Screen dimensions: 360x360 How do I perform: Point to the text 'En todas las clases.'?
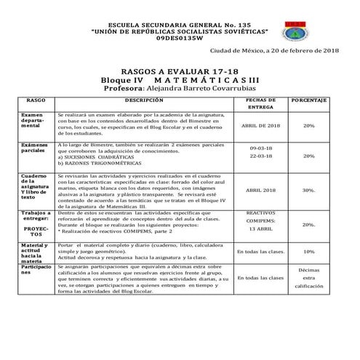pos(260,252)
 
